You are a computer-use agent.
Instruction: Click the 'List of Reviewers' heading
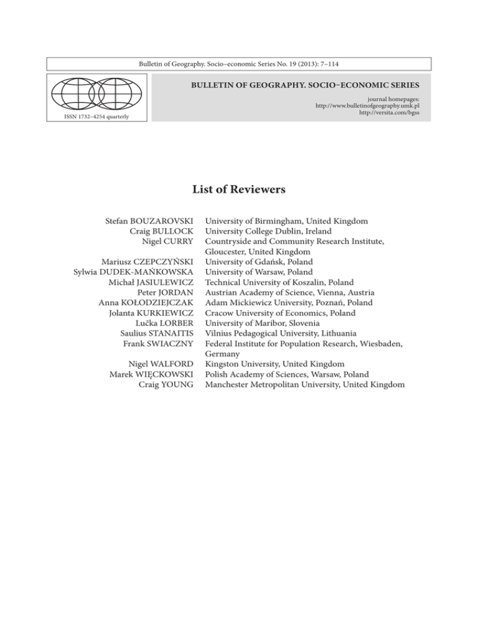[239, 190]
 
